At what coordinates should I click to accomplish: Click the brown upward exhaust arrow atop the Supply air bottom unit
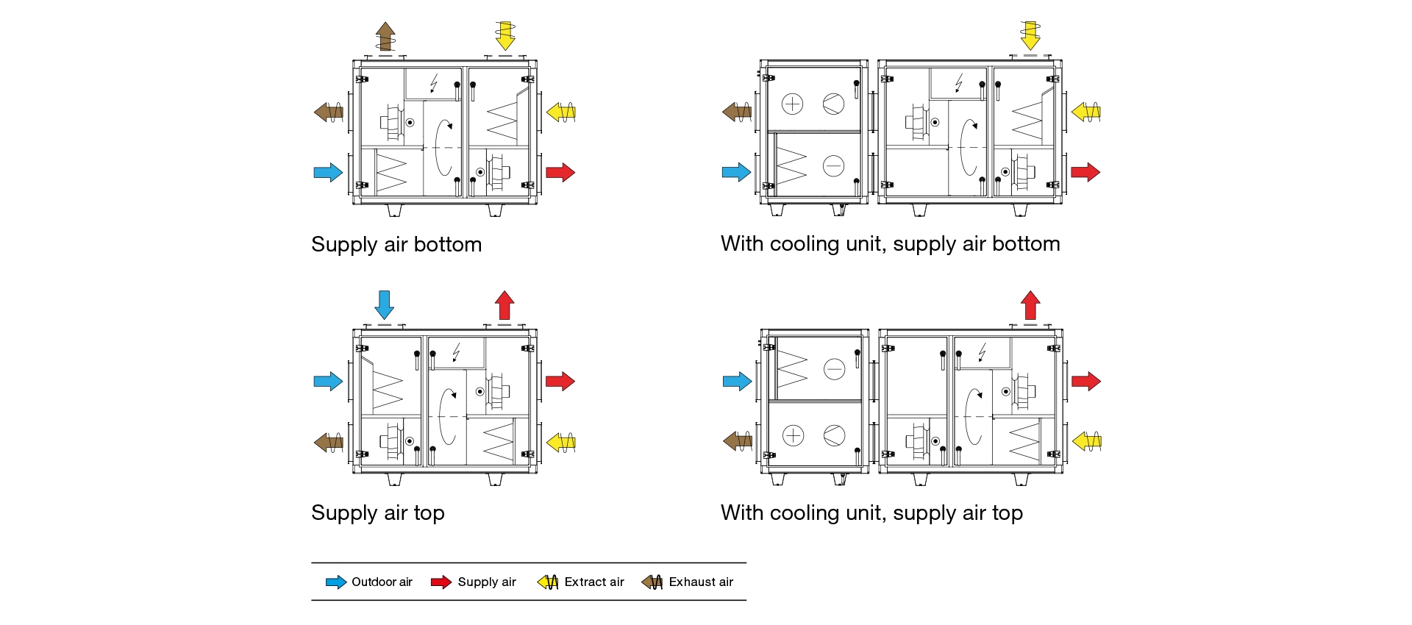[385, 36]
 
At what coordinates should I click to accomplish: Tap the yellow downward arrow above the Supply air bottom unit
[504, 35]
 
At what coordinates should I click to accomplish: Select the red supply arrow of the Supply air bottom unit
[560, 173]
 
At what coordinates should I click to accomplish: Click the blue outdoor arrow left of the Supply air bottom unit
[328, 173]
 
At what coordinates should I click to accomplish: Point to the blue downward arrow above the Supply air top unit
[384, 304]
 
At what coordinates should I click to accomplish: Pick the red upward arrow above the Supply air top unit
[504, 304]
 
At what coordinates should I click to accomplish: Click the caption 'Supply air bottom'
[396, 244]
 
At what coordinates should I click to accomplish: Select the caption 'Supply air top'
[378, 512]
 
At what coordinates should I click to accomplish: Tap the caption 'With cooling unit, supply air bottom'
[890, 243]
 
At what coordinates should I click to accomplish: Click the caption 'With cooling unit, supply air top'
[871, 512]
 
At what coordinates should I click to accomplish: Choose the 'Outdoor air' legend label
[382, 582]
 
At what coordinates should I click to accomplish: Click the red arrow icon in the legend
[441, 582]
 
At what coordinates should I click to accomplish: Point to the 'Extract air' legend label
[594, 582]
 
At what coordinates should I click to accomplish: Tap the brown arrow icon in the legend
[652, 582]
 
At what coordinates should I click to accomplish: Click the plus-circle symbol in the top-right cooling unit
[792, 104]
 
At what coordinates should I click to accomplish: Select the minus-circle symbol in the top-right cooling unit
[833, 166]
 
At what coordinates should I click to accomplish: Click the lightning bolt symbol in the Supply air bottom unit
[434, 82]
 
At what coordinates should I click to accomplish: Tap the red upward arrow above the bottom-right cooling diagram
[1030, 304]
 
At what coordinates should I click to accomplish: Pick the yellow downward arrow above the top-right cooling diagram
[1030, 35]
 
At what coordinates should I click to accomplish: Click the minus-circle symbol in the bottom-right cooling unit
[834, 368]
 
